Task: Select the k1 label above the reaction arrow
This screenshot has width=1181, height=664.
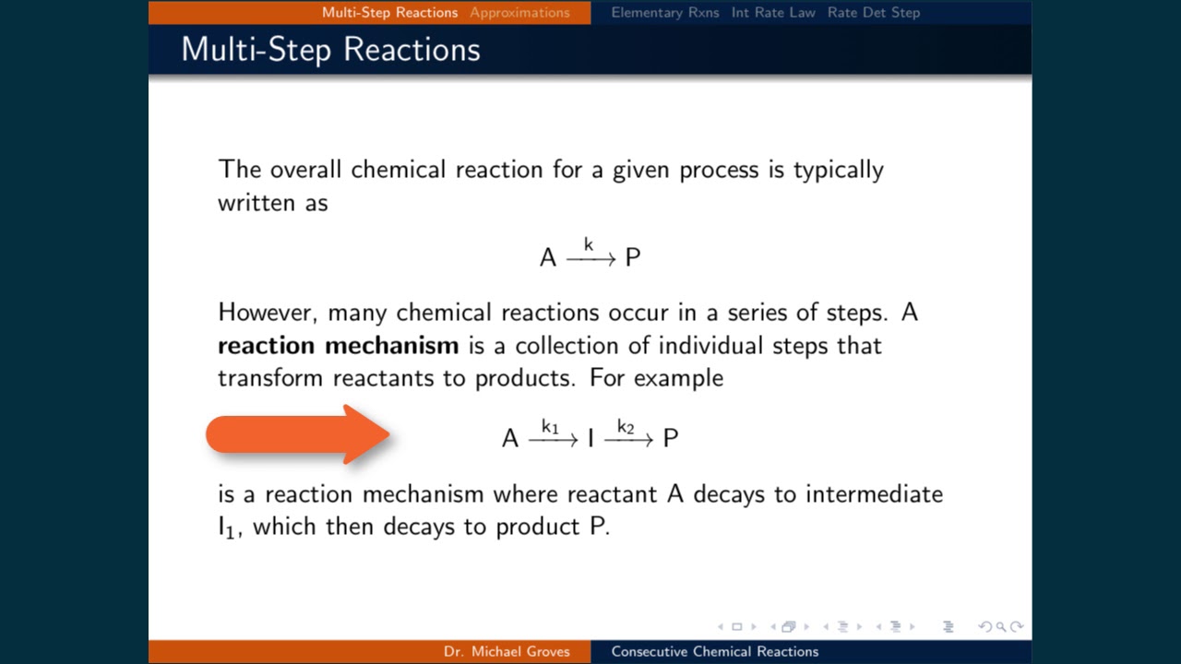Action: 550,427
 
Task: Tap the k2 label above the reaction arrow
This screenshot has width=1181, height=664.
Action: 626,427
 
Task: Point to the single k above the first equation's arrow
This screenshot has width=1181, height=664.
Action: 589,245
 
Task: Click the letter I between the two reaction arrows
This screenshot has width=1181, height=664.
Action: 590,439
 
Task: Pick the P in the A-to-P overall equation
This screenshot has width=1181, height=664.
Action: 632,258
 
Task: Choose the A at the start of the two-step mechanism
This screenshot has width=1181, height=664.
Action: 510,439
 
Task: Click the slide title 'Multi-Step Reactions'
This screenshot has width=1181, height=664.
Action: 330,49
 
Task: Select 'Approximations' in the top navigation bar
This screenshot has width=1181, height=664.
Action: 519,12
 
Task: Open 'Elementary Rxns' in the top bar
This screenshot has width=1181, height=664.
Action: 664,12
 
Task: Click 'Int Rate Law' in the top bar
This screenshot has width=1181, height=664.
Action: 773,12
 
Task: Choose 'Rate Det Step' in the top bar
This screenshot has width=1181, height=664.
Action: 873,12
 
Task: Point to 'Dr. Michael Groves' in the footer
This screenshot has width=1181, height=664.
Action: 507,651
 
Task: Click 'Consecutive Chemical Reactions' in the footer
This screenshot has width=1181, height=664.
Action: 714,651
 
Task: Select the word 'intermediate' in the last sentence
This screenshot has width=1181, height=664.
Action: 874,494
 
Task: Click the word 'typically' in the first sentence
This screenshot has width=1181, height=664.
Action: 838,171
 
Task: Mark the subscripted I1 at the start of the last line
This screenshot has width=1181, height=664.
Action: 227,528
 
